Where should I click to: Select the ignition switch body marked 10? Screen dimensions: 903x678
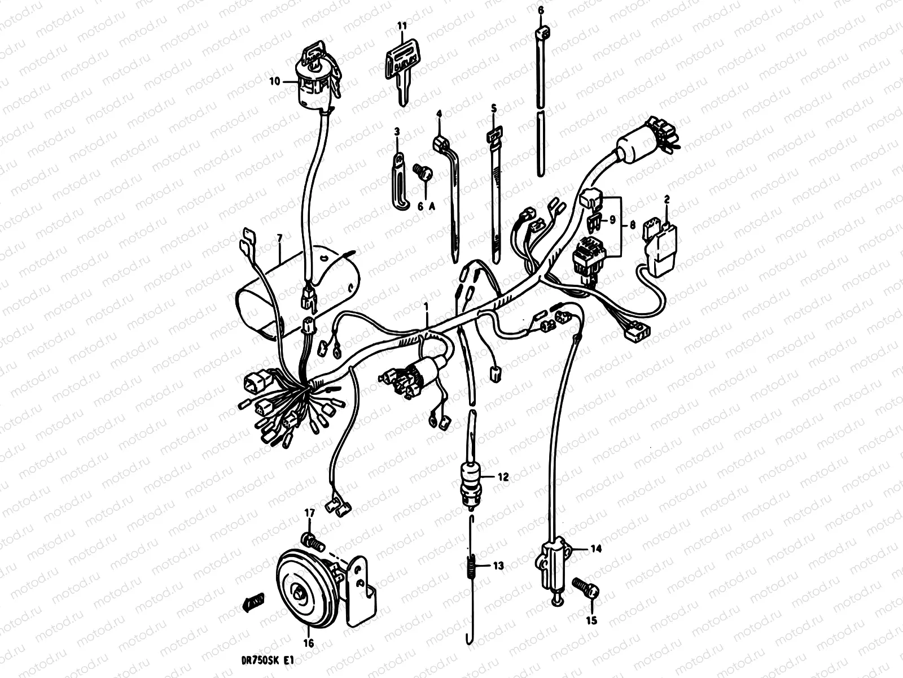(317, 80)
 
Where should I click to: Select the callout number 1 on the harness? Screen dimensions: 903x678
(426, 307)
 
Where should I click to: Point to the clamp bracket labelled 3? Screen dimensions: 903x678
(398, 181)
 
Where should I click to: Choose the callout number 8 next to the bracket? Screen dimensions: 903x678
(632, 225)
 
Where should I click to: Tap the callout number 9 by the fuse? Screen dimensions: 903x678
(612, 220)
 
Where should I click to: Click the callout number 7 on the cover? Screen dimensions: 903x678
(280, 238)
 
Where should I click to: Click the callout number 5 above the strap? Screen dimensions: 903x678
(494, 108)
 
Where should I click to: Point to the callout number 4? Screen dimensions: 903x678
(439, 113)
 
